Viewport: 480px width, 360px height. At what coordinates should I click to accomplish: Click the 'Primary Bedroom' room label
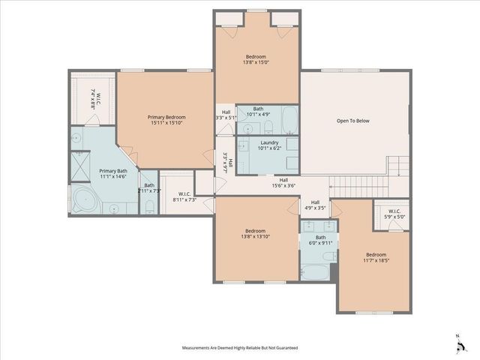click(165, 118)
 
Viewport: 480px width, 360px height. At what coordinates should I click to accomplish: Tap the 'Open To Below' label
click(352, 121)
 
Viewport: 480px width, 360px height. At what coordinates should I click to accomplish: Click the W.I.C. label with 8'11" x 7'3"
click(184, 196)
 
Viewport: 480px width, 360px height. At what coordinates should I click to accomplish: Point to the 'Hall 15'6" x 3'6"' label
click(284, 182)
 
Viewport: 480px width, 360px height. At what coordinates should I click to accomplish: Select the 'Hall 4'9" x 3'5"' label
click(315, 204)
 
